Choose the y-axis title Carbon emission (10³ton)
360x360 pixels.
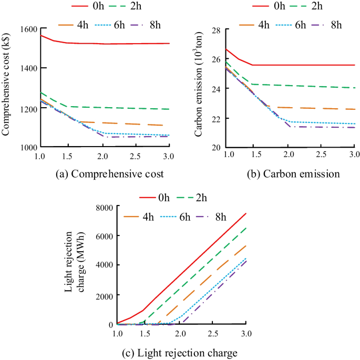click(x=199, y=88)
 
